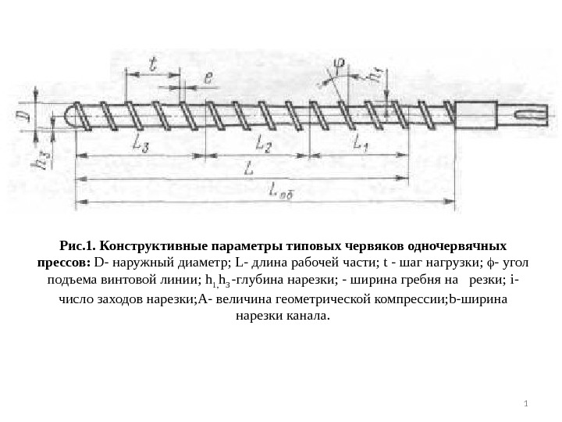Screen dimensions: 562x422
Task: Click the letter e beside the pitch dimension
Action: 209,77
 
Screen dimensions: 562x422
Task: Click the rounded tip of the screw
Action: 69,118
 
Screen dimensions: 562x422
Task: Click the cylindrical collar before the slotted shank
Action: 492,116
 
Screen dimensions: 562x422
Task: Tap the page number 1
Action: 526,404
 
